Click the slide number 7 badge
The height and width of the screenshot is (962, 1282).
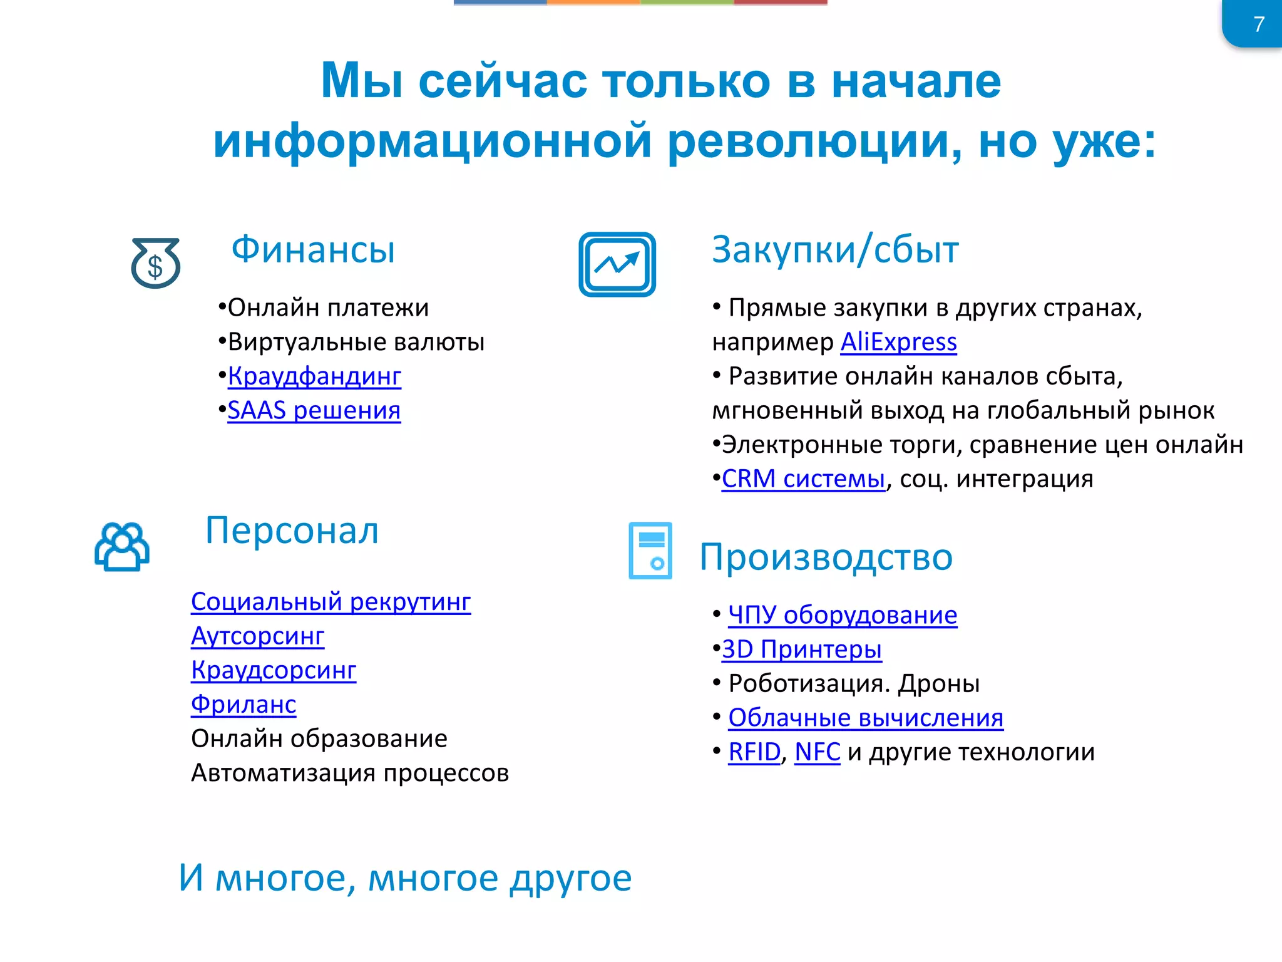pos(1257,24)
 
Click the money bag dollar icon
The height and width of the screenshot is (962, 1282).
pos(155,263)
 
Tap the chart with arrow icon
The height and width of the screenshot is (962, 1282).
pos(617,264)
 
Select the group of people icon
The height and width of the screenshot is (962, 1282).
pos(122,546)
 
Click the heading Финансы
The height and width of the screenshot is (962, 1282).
pos(313,249)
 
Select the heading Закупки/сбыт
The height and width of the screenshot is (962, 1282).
pos(835,249)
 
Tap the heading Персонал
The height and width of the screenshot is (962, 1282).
pos(292,530)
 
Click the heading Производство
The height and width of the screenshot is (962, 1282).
pos(826,557)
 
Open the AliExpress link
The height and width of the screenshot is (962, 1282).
pos(898,342)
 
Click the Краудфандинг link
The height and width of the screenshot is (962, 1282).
pos(314,376)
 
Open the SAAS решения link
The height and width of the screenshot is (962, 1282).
pos(314,410)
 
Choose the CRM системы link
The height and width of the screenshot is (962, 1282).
pos(803,478)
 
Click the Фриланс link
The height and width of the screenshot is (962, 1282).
pos(244,704)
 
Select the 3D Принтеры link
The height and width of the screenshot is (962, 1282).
pos(801,649)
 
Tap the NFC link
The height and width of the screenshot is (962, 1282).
pos(817,752)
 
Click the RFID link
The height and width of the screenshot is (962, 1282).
pos(754,752)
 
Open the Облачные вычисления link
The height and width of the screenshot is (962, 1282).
pos(865,718)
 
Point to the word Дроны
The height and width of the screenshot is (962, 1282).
pos(939,683)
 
